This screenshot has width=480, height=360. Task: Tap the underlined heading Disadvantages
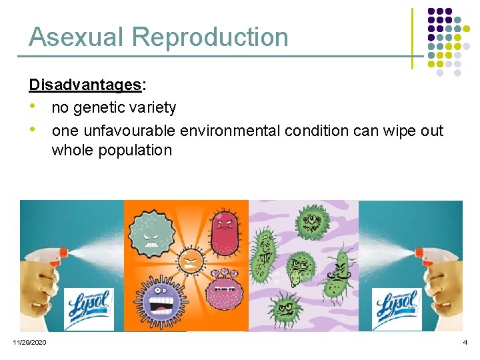click(x=85, y=85)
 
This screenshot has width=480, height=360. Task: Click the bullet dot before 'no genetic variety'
click(x=33, y=107)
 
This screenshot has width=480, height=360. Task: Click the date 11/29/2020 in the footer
click(x=29, y=342)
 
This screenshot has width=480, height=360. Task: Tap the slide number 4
click(x=465, y=342)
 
